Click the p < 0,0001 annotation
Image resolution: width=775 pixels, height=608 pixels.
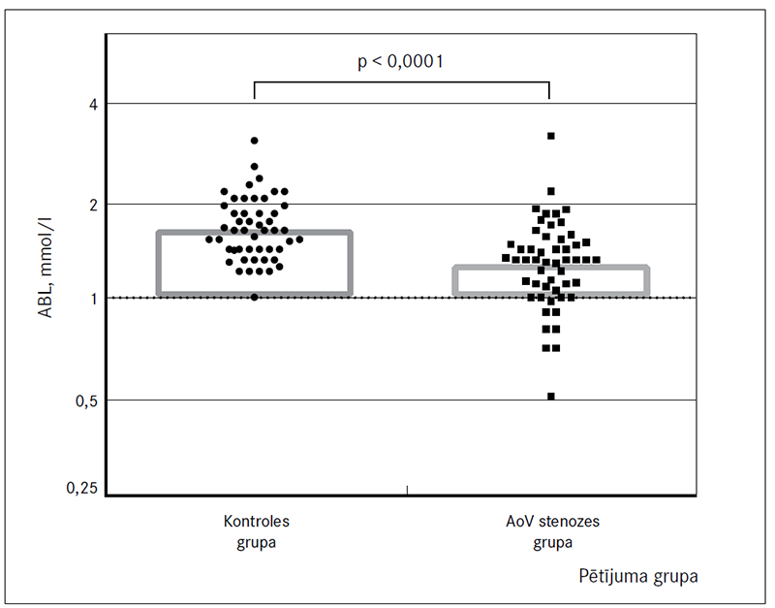click(400, 62)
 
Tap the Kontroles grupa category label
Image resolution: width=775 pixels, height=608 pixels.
click(256, 531)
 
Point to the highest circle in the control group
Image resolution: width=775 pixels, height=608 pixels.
click(255, 141)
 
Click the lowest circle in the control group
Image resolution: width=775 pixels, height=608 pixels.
click(255, 297)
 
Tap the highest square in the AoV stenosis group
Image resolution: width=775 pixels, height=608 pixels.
click(551, 136)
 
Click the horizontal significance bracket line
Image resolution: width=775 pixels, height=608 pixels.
click(401, 82)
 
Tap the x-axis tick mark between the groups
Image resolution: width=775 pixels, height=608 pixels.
click(407, 491)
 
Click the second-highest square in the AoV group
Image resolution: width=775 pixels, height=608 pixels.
click(551, 191)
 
